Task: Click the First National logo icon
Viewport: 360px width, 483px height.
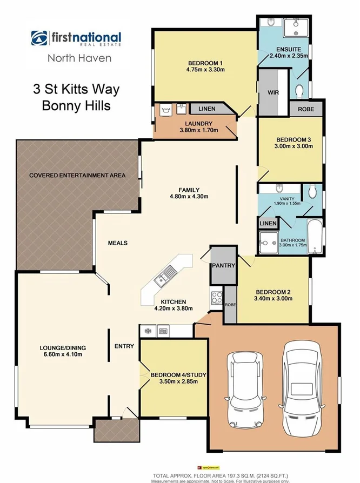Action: pyautogui.click(x=39, y=39)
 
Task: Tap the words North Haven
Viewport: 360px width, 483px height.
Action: pyautogui.click(x=80, y=58)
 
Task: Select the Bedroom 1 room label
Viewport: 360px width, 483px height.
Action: pyautogui.click(x=205, y=63)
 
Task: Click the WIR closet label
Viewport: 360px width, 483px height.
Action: pyautogui.click(x=273, y=92)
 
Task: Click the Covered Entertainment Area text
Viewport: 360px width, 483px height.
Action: pyautogui.click(x=77, y=175)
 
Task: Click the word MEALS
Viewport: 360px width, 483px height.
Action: pyautogui.click(x=117, y=243)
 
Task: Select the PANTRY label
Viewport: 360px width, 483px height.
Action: pyautogui.click(x=222, y=265)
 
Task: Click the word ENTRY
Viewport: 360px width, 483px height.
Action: pyautogui.click(x=124, y=346)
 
